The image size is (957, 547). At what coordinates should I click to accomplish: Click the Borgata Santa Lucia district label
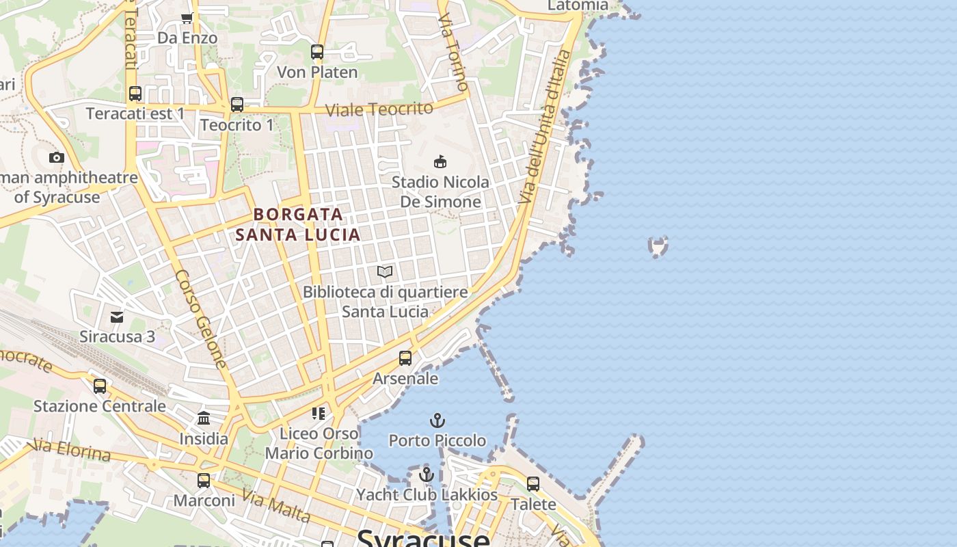point(298,224)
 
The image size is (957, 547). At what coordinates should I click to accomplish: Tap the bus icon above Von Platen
point(316,52)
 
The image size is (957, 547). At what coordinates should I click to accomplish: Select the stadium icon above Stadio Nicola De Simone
point(440,162)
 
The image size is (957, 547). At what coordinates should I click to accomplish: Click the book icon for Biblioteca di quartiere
point(385,272)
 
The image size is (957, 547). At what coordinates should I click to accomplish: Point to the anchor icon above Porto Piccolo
point(437,420)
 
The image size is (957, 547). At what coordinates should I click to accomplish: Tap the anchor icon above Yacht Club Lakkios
point(427,474)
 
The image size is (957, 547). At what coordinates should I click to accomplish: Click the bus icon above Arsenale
point(405,358)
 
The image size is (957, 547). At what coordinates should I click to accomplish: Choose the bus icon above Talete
point(533,484)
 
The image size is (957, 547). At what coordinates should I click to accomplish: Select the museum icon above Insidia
point(204,418)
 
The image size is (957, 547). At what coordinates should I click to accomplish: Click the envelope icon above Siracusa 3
point(117,317)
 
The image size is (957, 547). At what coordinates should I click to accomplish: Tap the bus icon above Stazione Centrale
point(100,386)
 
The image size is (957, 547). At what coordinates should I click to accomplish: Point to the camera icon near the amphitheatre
point(57,158)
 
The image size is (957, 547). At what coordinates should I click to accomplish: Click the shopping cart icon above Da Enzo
point(187,18)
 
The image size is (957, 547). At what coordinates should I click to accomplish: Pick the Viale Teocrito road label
point(379,109)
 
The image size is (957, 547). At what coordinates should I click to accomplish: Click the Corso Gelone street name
point(200,319)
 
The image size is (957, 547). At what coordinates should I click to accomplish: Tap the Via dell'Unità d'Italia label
point(543,126)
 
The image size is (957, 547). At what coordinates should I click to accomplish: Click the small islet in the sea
point(658,246)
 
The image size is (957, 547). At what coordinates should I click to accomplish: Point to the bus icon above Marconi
point(204,481)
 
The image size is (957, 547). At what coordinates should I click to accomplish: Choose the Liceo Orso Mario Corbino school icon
point(318,414)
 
